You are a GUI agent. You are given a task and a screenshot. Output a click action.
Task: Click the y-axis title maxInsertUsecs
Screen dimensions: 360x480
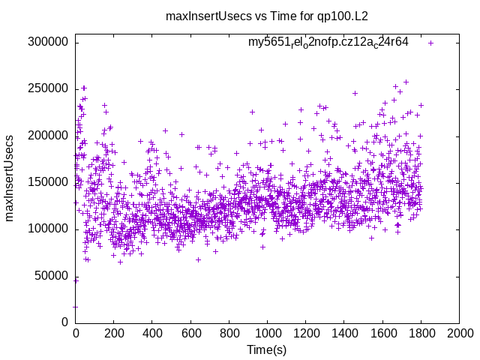10,178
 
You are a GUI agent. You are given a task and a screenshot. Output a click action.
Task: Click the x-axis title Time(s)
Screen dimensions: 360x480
267,349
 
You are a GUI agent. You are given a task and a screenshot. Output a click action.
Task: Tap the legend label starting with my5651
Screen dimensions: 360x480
328,42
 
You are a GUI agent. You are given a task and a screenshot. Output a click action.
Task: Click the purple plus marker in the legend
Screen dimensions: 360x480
430,43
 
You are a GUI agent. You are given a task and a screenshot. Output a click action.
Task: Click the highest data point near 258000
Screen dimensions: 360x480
406,82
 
